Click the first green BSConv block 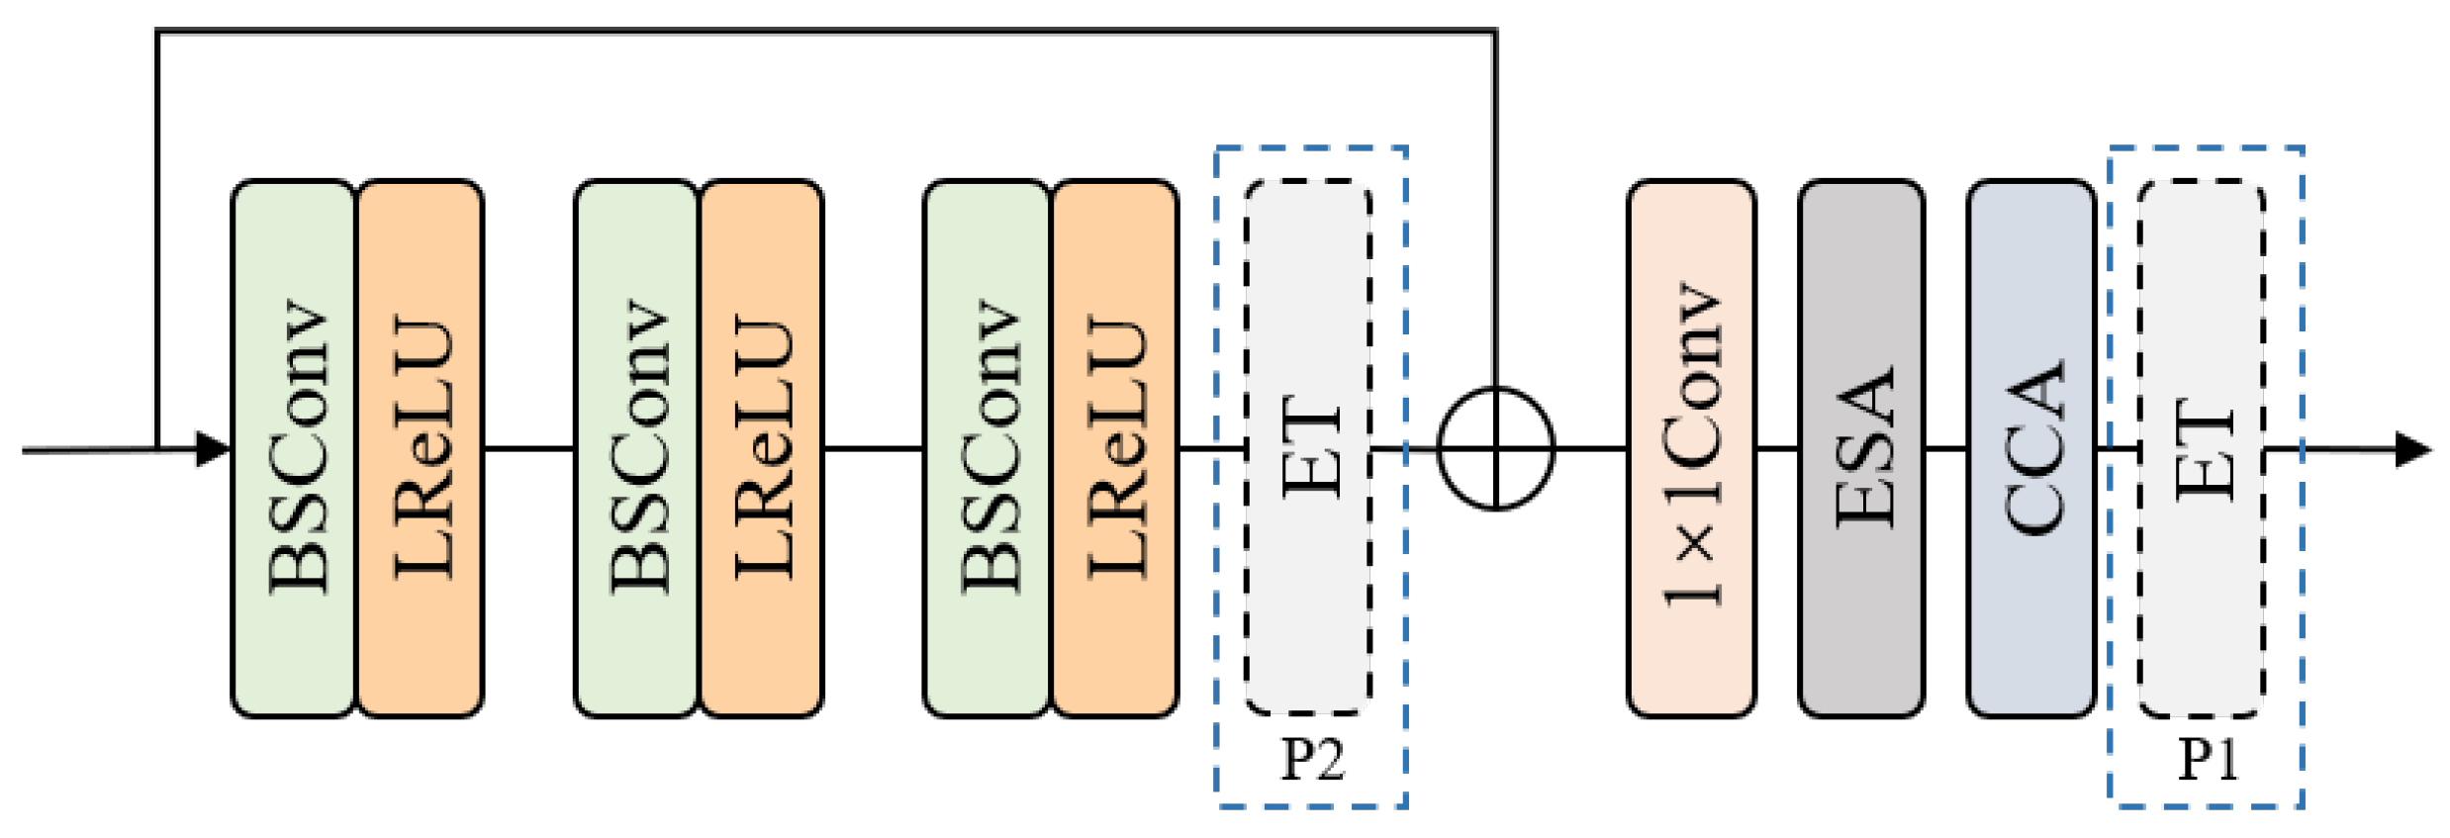click(x=294, y=448)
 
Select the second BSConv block click(x=636, y=448)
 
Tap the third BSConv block click(x=987, y=448)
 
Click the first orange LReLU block click(x=421, y=448)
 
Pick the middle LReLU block click(x=762, y=448)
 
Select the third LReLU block click(x=1115, y=448)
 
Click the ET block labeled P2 click(x=1308, y=448)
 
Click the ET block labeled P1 click(x=2202, y=448)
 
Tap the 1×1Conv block click(x=1691, y=448)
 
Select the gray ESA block click(x=1861, y=448)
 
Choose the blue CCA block click(x=2030, y=448)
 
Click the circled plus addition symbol click(x=1495, y=449)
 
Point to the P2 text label click(x=1312, y=760)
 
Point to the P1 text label click(x=2208, y=760)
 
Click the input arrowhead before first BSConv click(x=212, y=449)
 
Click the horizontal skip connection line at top click(x=826, y=32)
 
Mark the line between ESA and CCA click(x=1945, y=449)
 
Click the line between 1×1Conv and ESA click(x=1776, y=449)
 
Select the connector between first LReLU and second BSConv click(x=528, y=449)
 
